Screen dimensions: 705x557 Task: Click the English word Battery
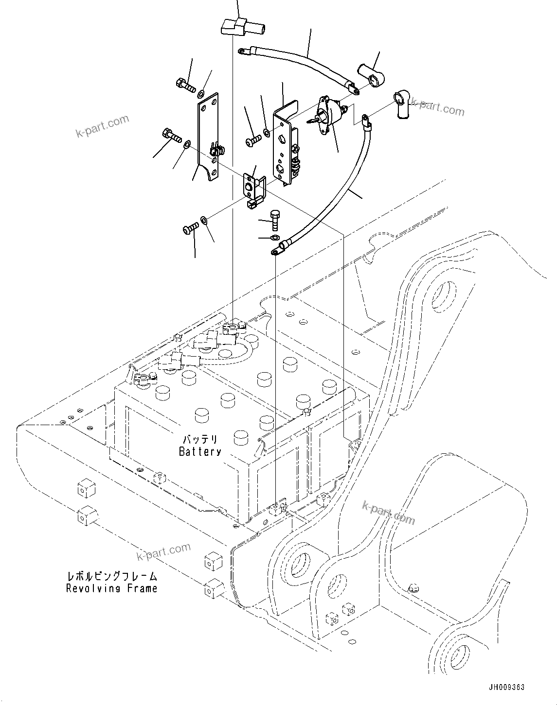tap(200, 452)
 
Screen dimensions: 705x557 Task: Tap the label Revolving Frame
tap(111, 588)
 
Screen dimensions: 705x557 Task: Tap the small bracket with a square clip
tap(253, 192)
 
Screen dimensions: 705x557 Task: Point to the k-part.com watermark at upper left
tap(102, 125)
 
